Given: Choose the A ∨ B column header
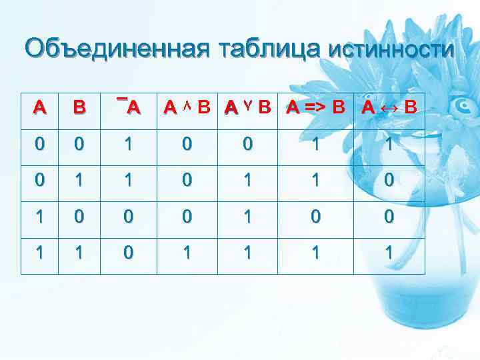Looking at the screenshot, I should [x=248, y=107].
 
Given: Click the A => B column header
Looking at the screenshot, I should [x=316, y=107].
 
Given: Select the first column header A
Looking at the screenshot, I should [x=41, y=107].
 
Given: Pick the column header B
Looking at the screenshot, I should [x=79, y=107].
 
